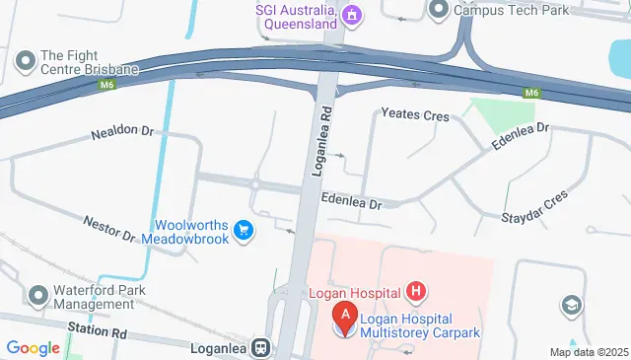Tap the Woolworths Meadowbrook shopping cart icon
coord(244,232)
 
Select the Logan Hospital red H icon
coord(417,291)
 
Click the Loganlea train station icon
coord(261,347)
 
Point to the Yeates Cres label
coord(415,115)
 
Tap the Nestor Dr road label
coord(108,228)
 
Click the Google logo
coord(33,347)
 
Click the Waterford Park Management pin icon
coord(39,296)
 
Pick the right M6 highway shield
coord(531,93)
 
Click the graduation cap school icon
coord(571,307)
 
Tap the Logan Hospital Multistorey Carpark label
coord(419,325)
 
